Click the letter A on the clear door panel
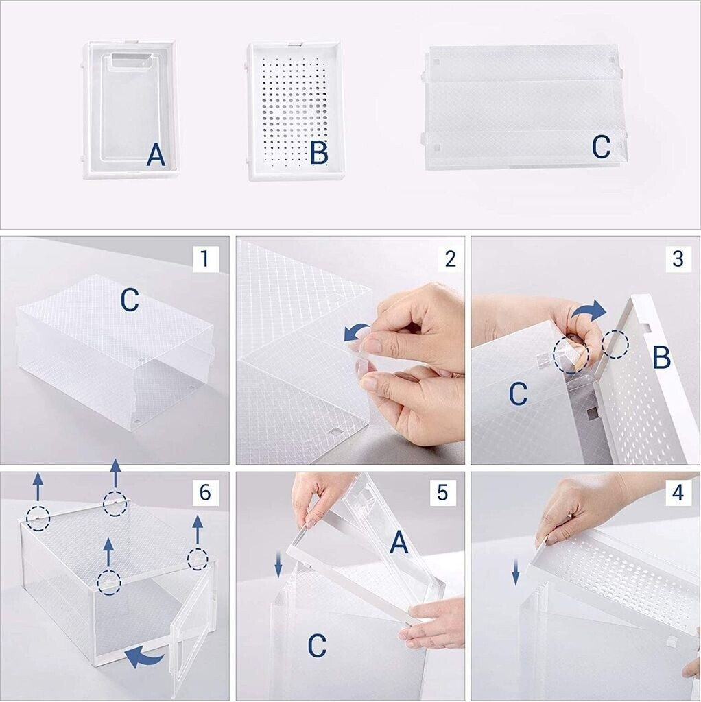point(156,156)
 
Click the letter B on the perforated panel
point(319,153)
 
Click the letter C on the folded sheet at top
point(601,147)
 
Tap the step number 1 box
point(206,258)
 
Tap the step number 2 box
point(451,258)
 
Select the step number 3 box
point(678,258)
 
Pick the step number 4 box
point(678,492)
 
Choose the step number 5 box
point(442,492)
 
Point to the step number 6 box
point(206,492)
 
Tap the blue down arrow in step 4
point(516,573)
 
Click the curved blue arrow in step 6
point(144,657)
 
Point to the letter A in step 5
point(399,543)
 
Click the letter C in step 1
point(130,300)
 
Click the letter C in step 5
point(317,646)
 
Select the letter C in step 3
point(519,394)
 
